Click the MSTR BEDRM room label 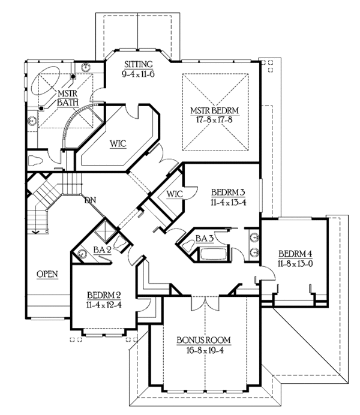pos(215,110)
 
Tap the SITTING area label pos(139,64)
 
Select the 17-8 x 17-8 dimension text pos(214,120)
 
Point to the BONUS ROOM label pos(203,340)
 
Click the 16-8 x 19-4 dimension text pos(205,350)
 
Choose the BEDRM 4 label pos(295,254)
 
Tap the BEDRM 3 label pos(228,193)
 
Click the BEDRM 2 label pos(104,295)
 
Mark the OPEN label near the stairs pos(47,274)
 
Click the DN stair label pos(90,200)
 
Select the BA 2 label pos(102,250)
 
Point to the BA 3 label pos(205,239)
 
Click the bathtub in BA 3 pos(214,254)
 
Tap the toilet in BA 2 pos(121,243)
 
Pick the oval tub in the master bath pos(46,80)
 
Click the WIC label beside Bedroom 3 pos(175,194)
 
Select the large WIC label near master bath pos(118,144)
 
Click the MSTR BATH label pos(68,98)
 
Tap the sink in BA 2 pos(82,254)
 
